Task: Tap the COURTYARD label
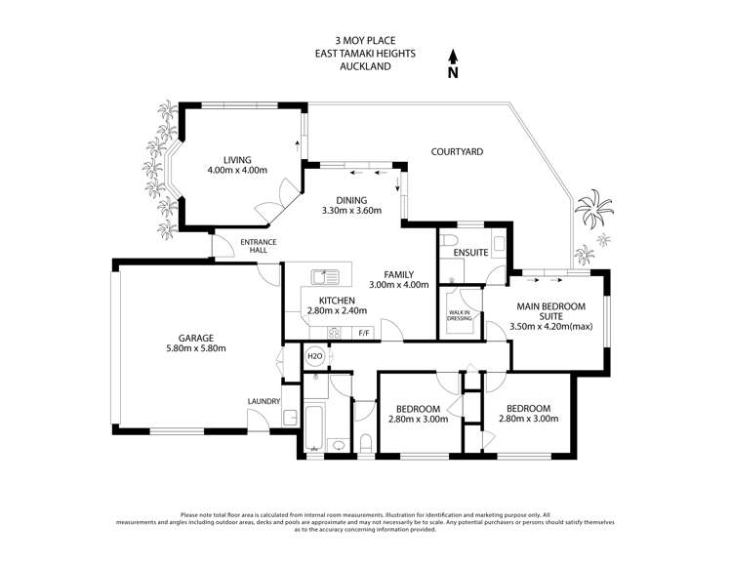457,152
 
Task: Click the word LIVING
237,160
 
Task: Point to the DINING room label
351,198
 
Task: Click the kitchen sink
324,277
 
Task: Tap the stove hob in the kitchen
334,333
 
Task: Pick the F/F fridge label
365,334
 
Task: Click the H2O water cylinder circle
315,357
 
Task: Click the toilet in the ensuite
447,240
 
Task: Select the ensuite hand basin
497,241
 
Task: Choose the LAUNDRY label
264,401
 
